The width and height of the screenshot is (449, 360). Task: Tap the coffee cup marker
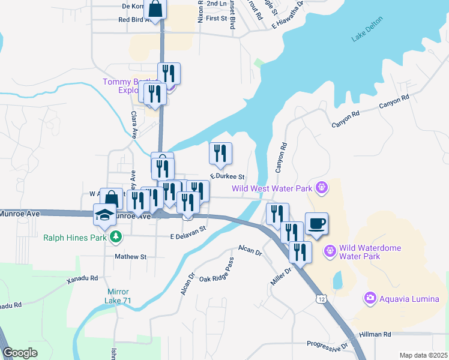(317, 224)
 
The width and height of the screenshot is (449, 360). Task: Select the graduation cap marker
(104, 215)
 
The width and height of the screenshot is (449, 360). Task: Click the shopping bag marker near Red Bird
(155, 10)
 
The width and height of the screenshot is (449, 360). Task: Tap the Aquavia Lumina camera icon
(370, 298)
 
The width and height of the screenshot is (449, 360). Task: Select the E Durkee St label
(227, 177)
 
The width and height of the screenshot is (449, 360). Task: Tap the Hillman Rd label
(375, 334)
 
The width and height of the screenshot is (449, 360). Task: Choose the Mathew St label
(131, 256)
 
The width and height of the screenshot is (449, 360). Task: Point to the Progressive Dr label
(328, 345)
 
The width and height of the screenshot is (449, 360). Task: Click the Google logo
(20, 353)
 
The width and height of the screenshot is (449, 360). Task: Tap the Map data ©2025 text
(423, 355)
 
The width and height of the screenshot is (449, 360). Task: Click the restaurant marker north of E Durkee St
(220, 153)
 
